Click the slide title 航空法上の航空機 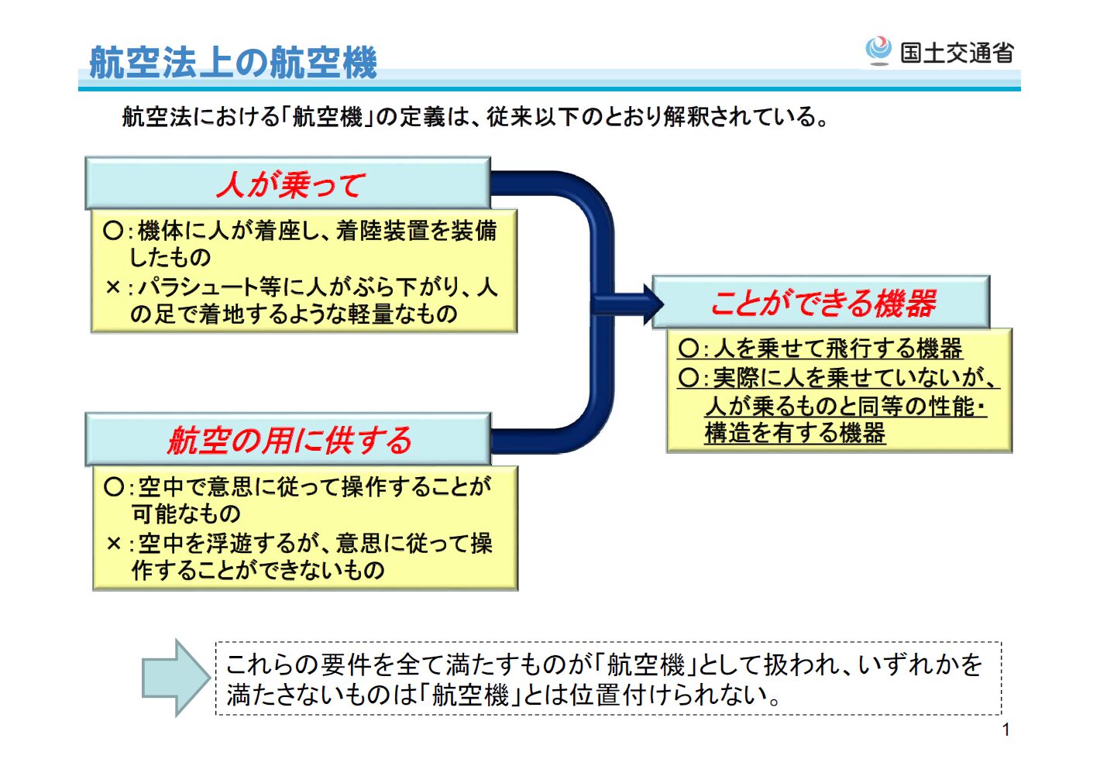(x=232, y=62)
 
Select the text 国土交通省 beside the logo (x=957, y=53)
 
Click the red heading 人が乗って (x=290, y=185)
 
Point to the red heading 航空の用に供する (x=290, y=441)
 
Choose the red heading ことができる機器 (x=823, y=303)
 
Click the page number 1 (x=1005, y=730)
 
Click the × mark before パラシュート (x=113, y=287)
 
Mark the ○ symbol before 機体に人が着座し (x=113, y=231)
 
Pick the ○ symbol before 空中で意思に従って (x=113, y=486)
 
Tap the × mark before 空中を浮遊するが (x=113, y=544)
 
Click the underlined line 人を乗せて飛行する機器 (x=837, y=349)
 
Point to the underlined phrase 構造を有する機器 (x=795, y=433)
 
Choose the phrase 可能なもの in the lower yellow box (x=186, y=513)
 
